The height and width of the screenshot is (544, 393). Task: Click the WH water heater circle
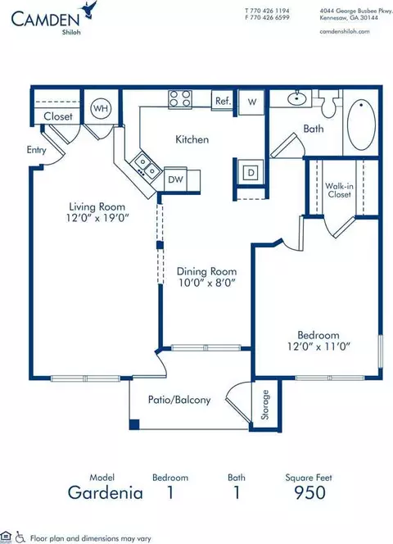(101, 108)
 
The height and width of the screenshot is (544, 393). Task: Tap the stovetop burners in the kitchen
(180, 98)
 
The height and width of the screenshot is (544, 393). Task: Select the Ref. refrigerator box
(223, 100)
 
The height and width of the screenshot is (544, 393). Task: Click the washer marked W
(252, 102)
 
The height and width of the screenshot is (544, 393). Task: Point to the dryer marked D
(251, 172)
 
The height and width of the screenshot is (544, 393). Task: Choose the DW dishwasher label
(175, 179)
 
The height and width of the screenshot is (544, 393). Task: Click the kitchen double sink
(147, 165)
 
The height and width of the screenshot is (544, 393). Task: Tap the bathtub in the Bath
(361, 125)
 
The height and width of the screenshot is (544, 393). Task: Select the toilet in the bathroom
(327, 103)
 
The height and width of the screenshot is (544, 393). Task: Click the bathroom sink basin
(297, 99)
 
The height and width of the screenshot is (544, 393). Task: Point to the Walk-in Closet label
(339, 190)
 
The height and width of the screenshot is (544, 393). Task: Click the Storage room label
(265, 405)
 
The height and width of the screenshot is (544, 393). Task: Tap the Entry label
(36, 150)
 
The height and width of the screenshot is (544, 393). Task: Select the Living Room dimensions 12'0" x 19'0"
(97, 218)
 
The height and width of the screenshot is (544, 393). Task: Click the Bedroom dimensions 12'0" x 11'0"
(318, 347)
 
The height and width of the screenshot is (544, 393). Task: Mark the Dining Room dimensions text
(207, 283)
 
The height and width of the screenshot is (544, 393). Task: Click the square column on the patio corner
(134, 424)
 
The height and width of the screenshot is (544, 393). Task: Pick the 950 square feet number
(309, 492)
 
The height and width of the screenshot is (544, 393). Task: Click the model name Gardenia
(106, 492)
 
